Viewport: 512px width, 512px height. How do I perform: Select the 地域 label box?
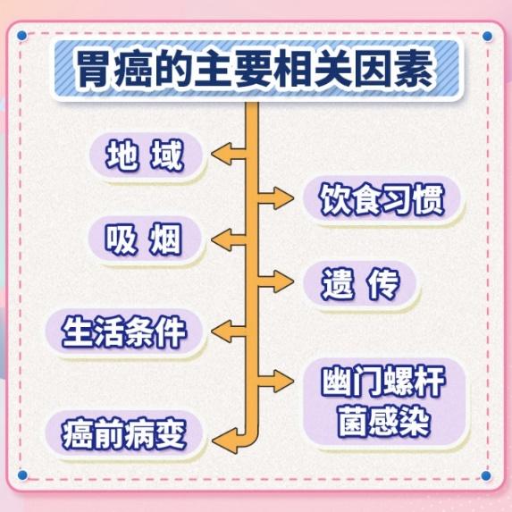146,155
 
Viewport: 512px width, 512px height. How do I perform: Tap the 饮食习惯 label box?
382,199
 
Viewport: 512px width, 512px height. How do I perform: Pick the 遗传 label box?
360,283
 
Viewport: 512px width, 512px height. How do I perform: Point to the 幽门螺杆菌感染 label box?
384,402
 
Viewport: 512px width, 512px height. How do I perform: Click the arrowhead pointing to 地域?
222,154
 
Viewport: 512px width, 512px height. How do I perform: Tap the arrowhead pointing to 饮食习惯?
283,198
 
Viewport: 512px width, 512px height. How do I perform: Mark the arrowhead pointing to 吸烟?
222,240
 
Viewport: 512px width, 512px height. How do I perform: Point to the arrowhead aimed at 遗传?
283,281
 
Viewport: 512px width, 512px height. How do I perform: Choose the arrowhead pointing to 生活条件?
222,332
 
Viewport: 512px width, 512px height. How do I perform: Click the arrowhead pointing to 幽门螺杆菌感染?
283,381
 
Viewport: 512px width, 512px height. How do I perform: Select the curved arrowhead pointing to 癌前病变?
224,441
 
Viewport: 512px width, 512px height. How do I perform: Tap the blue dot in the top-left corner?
21,35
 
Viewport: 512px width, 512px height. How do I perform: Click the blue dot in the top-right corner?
487,36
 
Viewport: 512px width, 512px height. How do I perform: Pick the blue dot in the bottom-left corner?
22,475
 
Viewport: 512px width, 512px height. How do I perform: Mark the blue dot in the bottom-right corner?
486,475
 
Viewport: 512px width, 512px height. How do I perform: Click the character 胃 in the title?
94,70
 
